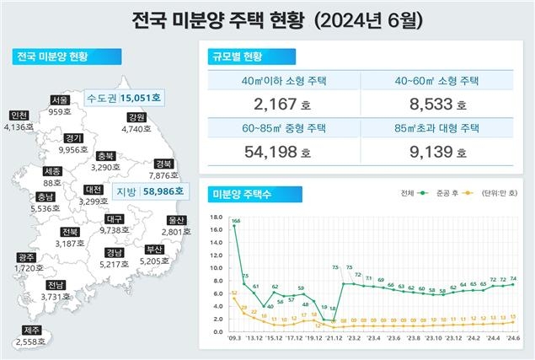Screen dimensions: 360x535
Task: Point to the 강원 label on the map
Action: (136, 117)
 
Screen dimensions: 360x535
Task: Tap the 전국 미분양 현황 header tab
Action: (52, 57)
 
